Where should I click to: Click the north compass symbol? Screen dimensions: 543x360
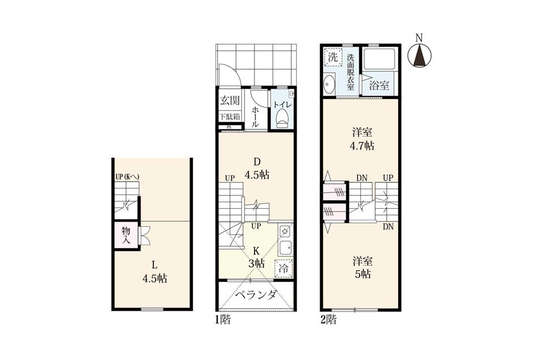(x=419, y=56)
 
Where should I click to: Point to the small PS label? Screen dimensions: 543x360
(x=229, y=127)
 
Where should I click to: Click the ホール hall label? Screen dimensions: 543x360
(x=255, y=117)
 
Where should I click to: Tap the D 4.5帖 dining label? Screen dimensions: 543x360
(x=257, y=168)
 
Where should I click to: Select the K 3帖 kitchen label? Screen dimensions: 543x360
(x=256, y=256)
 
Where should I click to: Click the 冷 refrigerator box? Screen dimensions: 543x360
(x=284, y=268)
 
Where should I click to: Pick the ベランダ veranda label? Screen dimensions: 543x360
(x=256, y=295)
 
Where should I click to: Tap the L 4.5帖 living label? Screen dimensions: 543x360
(x=155, y=272)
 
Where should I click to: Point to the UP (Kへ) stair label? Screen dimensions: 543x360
(x=127, y=177)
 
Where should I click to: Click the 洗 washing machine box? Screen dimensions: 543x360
(x=333, y=57)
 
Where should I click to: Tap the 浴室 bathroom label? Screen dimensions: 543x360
(x=379, y=85)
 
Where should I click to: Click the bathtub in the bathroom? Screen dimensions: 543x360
(x=379, y=59)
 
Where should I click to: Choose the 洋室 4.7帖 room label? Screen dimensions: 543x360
(x=362, y=139)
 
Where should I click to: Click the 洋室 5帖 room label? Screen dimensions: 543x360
(x=363, y=267)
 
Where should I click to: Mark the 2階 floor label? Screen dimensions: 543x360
(x=328, y=319)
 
